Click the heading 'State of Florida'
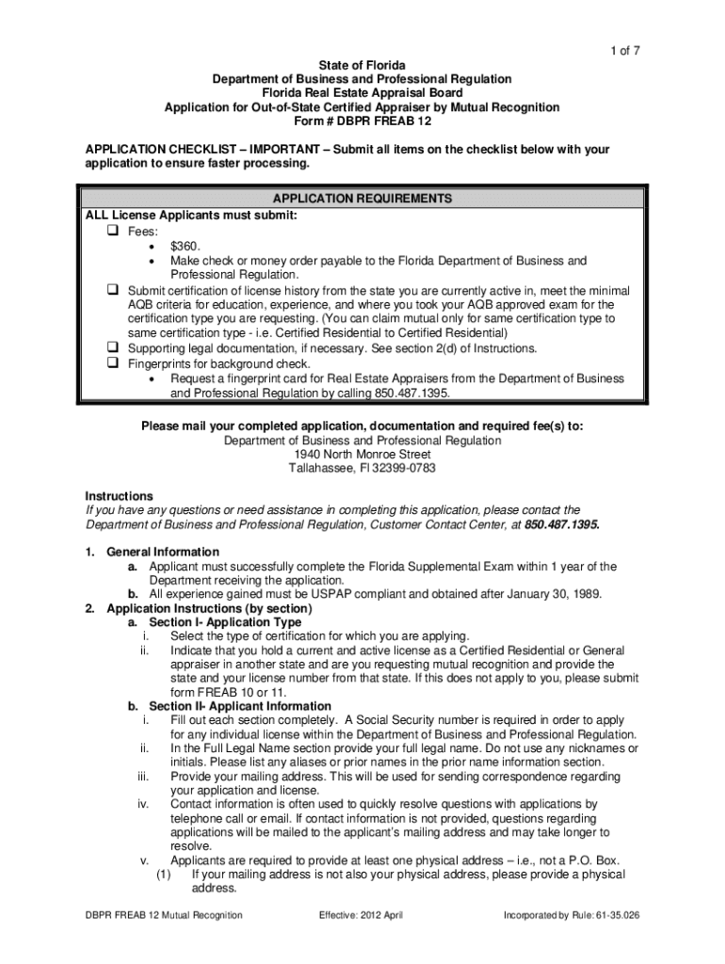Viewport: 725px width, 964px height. tap(362, 65)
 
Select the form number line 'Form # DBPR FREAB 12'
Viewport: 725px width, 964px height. tap(362, 121)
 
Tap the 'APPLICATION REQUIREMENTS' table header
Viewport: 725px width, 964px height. tap(362, 200)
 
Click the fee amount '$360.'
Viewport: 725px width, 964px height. tap(185, 245)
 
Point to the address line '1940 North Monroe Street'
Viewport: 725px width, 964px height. tap(362, 454)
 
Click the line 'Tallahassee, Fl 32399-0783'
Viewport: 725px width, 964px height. tap(362, 468)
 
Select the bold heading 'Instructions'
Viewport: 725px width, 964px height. tap(119, 496)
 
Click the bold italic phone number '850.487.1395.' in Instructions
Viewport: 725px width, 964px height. tap(561, 524)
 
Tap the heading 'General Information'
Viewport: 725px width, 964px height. tap(163, 552)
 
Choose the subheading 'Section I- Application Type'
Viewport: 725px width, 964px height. tap(225, 622)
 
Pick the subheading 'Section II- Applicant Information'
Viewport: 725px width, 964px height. tap(240, 706)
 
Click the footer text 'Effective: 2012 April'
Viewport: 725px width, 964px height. tap(362, 915)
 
